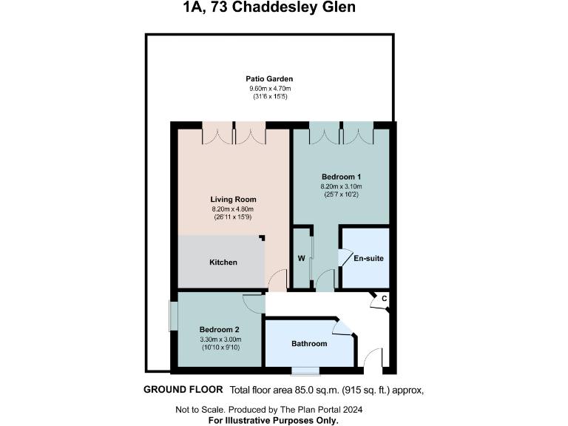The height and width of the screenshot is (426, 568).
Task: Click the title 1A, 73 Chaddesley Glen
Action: (269, 9)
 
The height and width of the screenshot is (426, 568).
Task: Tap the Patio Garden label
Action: (269, 78)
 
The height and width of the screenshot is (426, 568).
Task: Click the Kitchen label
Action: (223, 263)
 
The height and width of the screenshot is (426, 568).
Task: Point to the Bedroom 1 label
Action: (341, 177)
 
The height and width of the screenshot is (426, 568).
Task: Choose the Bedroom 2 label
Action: (220, 329)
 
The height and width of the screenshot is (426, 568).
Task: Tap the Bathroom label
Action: (308, 344)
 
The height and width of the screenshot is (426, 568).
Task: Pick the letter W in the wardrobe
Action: (302, 259)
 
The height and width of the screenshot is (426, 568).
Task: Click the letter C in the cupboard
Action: (383, 299)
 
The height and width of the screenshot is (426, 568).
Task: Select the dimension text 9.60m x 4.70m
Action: (269, 89)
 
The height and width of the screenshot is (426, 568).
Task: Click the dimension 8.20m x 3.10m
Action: (341, 187)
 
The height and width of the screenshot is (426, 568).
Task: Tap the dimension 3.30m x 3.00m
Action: (220, 339)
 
